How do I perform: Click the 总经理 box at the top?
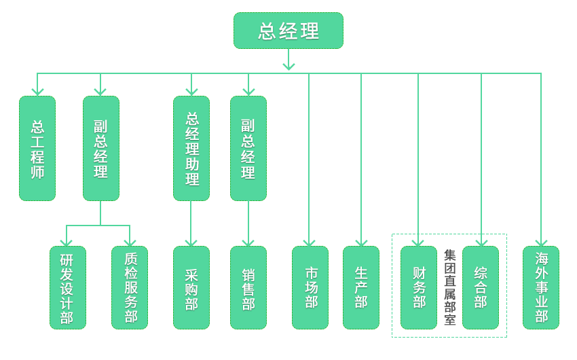(x=288, y=31)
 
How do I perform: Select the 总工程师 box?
(x=37, y=148)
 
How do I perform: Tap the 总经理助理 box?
(x=191, y=148)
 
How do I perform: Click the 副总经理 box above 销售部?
(x=248, y=148)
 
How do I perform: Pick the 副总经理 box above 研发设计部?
(x=101, y=148)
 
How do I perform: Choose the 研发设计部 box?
(x=67, y=287)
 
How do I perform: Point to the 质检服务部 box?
(x=130, y=287)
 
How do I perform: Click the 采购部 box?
(x=191, y=287)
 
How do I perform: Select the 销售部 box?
(x=248, y=287)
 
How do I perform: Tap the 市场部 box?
(x=310, y=287)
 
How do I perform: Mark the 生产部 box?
(x=361, y=287)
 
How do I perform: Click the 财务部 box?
(x=419, y=287)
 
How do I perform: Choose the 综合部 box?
(x=481, y=287)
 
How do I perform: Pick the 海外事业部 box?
(x=541, y=287)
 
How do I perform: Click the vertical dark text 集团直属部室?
(x=449, y=287)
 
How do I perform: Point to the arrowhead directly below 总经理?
(x=288, y=65)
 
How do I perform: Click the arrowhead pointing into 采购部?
(x=191, y=241)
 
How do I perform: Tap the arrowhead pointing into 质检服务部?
(x=130, y=241)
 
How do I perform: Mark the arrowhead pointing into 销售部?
(x=248, y=241)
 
